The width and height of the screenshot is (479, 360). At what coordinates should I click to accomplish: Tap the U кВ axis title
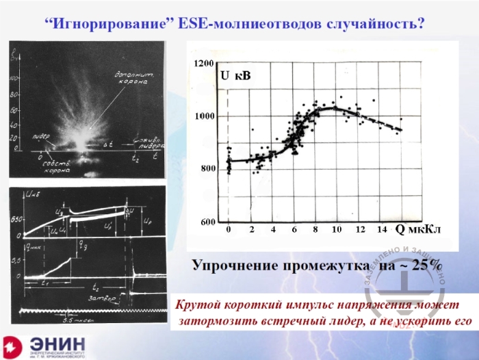[235, 76]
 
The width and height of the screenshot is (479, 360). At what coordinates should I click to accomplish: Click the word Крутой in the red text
[198, 305]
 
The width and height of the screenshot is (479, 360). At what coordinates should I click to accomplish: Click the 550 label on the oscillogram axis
[18, 219]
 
